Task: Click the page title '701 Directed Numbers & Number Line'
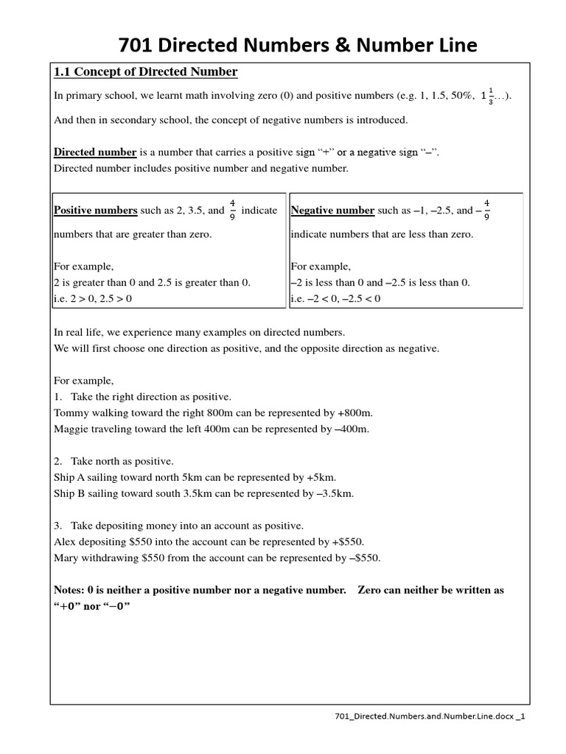298,46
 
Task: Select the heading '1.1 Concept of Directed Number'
145,72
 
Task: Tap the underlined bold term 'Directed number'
96,152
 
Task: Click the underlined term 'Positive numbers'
96,211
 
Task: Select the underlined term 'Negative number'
332,211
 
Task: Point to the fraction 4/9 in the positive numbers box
233,210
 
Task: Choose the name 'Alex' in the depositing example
66,542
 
